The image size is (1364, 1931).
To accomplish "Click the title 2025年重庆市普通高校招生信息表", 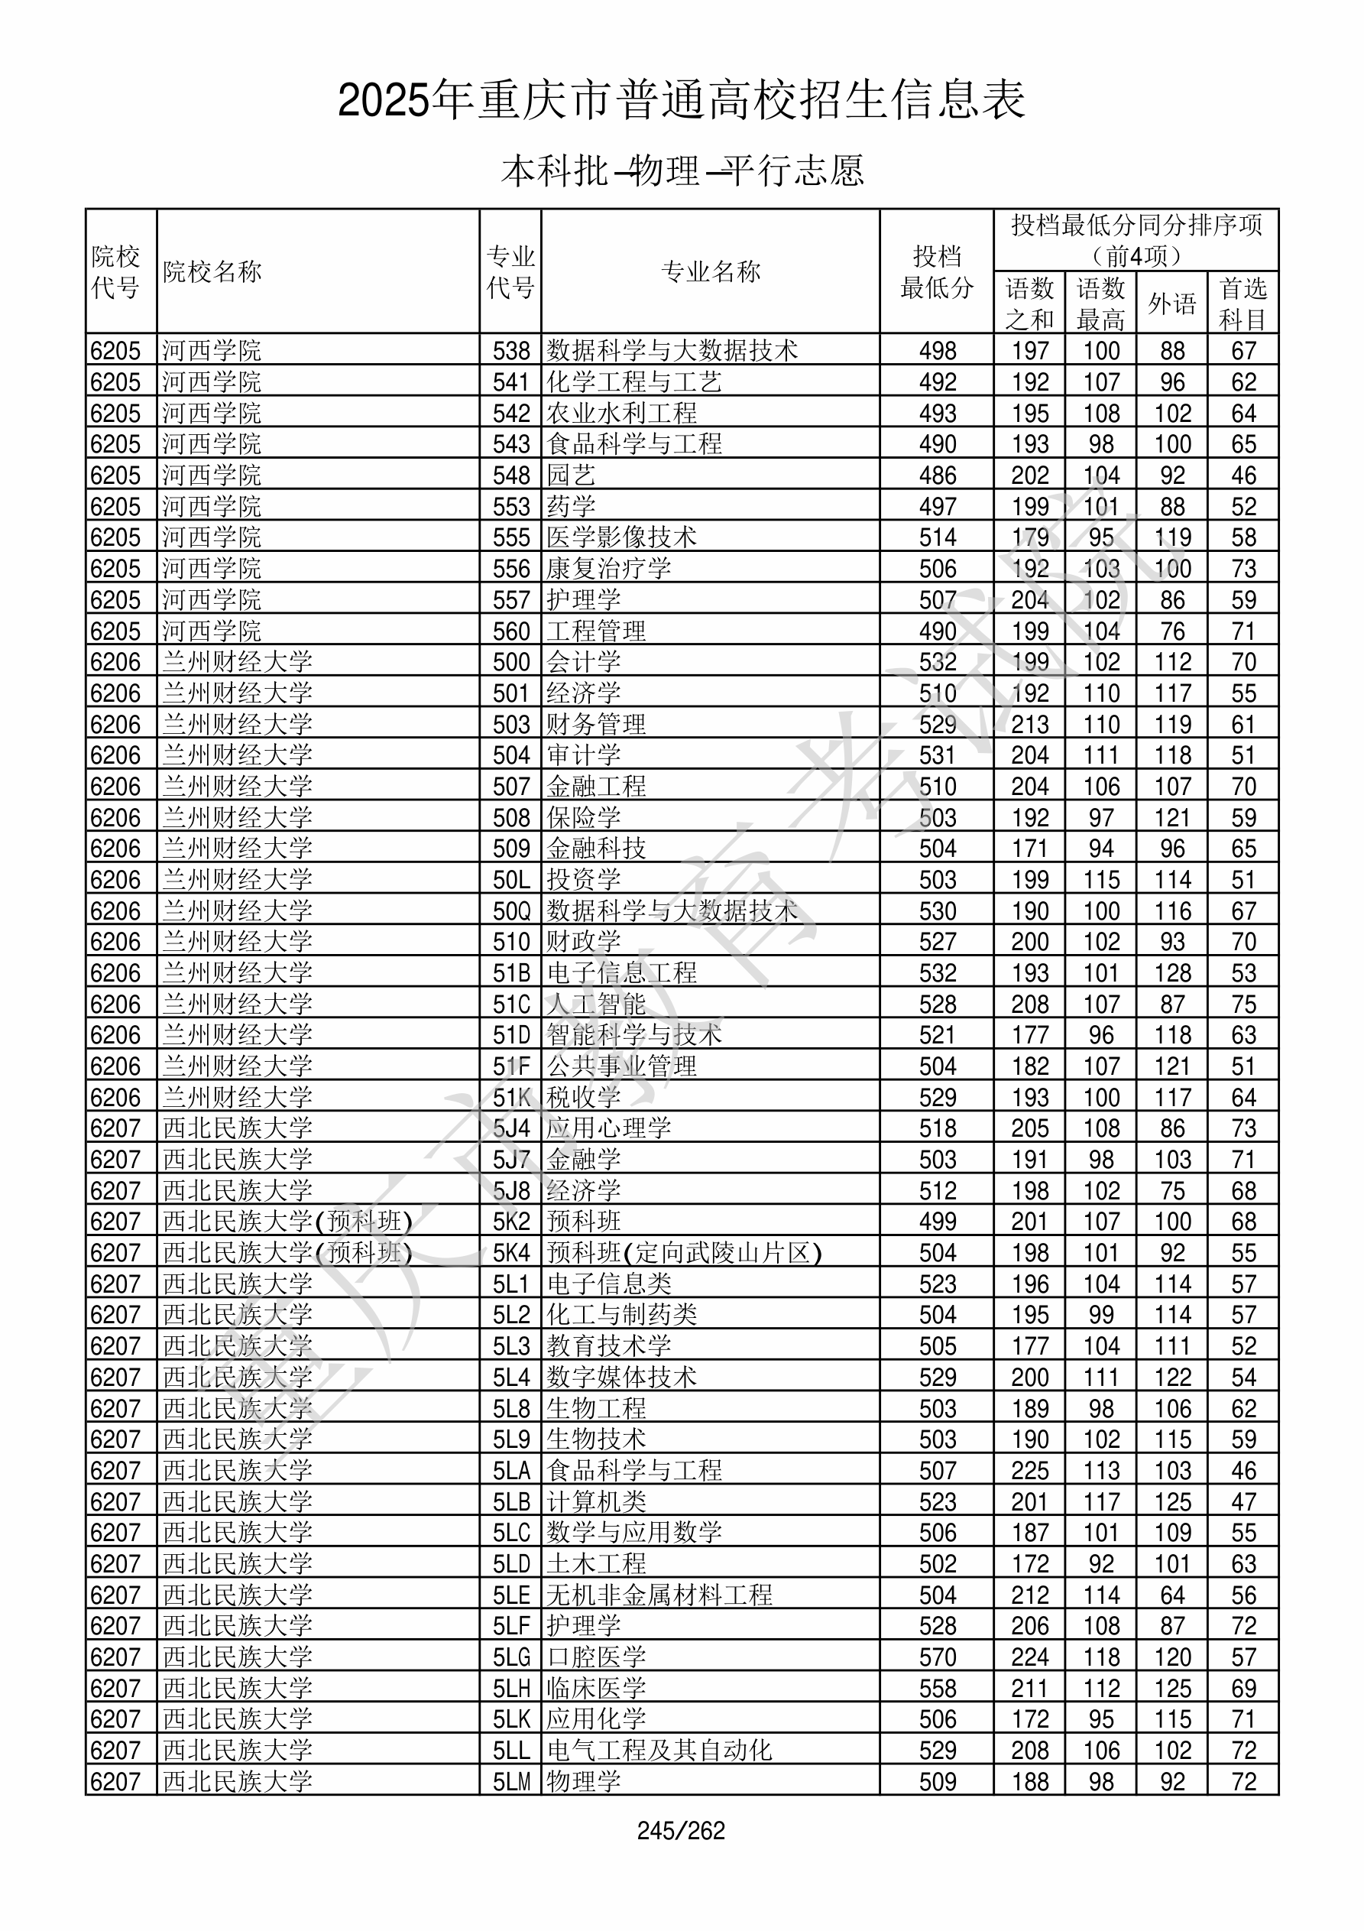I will click(x=681, y=100).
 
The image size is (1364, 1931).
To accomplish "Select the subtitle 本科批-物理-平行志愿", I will click(x=682, y=170).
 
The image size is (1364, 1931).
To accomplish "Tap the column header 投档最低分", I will click(x=937, y=271).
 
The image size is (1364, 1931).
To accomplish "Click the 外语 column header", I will click(x=1172, y=303).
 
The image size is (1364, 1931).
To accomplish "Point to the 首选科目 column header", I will click(x=1243, y=303).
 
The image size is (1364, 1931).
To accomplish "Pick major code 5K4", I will click(x=511, y=1253).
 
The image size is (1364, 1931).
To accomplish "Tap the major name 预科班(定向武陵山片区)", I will click(x=684, y=1253).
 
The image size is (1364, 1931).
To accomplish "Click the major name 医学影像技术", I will click(x=621, y=537).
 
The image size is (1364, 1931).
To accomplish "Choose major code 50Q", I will click(x=511, y=910).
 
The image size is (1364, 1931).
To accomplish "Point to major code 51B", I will click(x=511, y=973).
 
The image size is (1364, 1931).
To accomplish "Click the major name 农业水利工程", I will click(x=621, y=413).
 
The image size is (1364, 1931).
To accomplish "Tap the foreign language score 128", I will click(x=1172, y=973).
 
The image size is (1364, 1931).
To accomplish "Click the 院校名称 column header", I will click(x=212, y=271).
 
